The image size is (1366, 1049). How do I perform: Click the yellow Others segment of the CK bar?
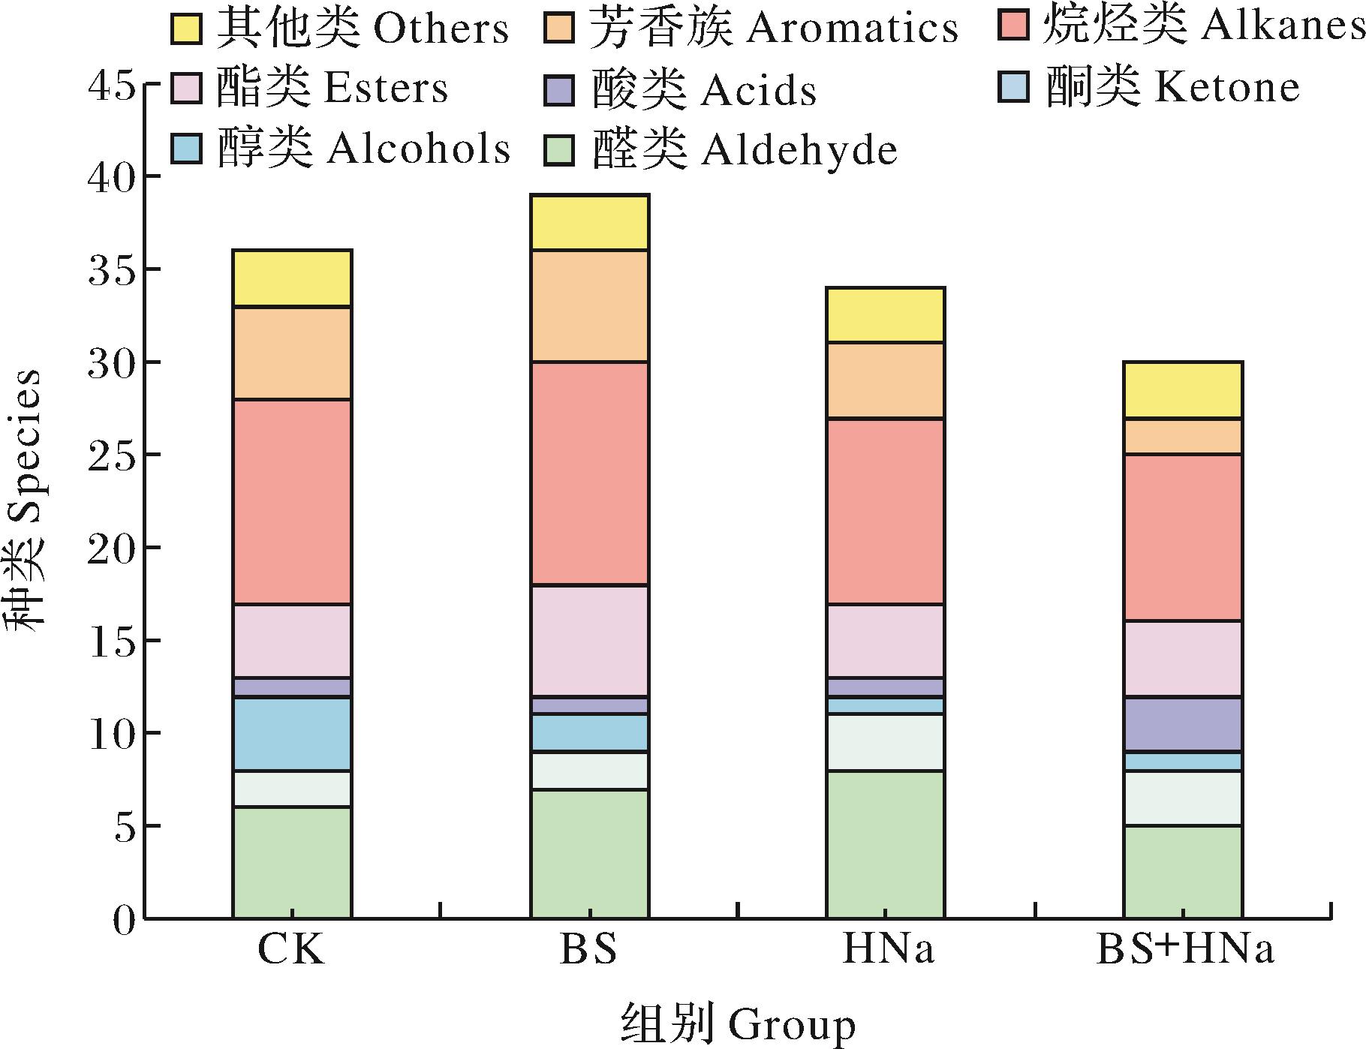click(x=292, y=278)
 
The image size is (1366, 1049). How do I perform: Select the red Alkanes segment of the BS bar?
click(x=589, y=473)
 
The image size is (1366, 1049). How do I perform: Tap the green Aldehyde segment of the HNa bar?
click(x=885, y=844)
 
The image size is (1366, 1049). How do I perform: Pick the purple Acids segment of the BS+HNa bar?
click(x=1182, y=723)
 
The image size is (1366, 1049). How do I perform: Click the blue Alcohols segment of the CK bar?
click(x=292, y=734)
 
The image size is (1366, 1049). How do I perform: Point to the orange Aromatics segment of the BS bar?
click(x=589, y=306)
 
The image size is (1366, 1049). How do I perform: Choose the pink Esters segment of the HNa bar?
click(x=885, y=640)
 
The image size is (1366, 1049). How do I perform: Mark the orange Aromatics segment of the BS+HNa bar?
click(x=1182, y=436)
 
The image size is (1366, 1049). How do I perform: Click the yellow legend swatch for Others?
click(x=186, y=29)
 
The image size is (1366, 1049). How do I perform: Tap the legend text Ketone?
click(x=1226, y=87)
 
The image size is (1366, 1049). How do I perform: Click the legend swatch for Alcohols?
click(x=186, y=148)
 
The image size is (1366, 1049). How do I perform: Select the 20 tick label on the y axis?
click(x=112, y=548)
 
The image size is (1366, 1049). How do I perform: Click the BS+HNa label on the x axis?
click(x=1185, y=950)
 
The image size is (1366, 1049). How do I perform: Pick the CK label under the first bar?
click(x=291, y=950)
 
